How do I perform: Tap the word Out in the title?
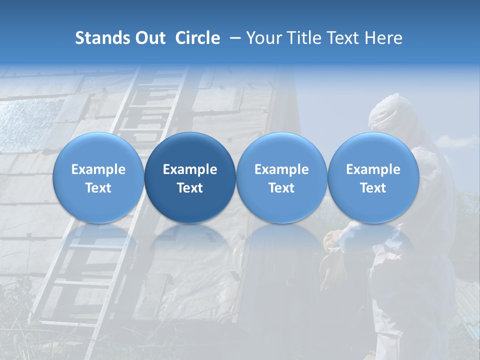149,38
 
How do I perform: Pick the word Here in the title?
384,38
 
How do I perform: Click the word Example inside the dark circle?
190,169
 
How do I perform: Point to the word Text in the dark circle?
190,188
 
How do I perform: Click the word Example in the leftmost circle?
98,169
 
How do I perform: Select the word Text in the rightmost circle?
373,188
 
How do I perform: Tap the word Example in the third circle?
281,169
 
